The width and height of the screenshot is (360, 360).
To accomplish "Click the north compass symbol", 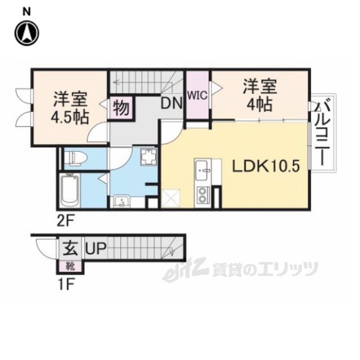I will coord(27,33).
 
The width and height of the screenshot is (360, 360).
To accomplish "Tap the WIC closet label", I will coord(197,95).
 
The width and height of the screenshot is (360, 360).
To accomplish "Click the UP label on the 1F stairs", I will coord(94,247).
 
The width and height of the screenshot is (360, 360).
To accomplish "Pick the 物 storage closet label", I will coord(120,107).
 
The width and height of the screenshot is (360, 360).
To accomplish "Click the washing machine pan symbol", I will coord(148,157).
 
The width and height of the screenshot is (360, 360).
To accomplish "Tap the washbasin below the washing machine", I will coord(121,201).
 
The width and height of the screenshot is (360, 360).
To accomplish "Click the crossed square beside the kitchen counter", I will coord(170,199).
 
